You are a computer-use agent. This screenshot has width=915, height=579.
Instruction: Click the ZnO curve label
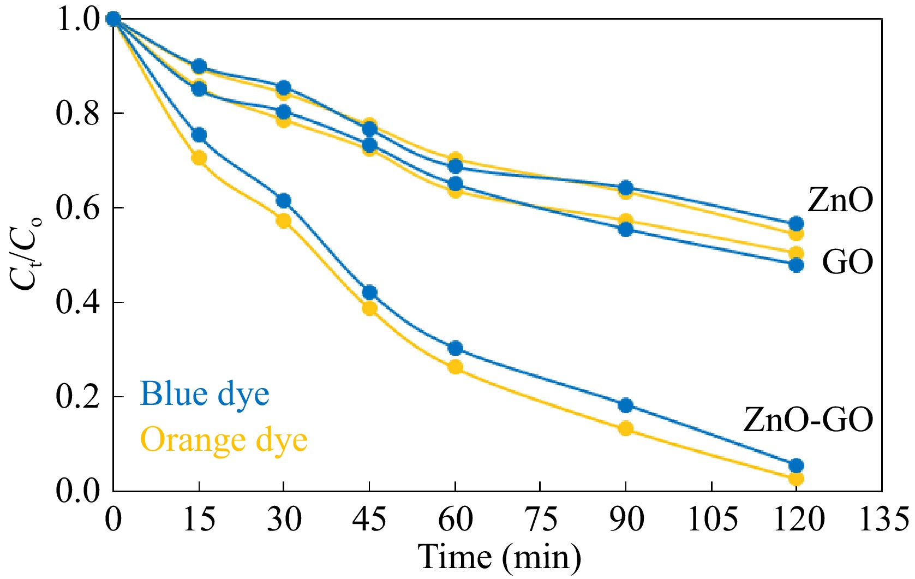[x=840, y=200]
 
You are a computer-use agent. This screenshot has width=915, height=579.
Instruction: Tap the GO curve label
[x=847, y=262]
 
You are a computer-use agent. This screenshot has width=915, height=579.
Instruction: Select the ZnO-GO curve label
[x=808, y=420]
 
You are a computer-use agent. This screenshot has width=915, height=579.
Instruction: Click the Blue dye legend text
[x=205, y=394]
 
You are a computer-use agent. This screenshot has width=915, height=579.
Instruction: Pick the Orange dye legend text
[x=224, y=440]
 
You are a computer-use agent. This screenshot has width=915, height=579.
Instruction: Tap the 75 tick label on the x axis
[x=540, y=519]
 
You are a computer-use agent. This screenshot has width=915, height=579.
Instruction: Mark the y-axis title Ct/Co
[x=25, y=254]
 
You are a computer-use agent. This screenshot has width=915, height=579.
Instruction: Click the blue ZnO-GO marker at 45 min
[x=369, y=293]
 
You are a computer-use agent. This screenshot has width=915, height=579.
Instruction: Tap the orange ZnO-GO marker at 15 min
[x=199, y=158]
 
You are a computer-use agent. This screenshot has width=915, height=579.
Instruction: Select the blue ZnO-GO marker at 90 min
[x=626, y=405]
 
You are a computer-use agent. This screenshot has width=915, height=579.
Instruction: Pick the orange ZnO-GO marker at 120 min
[x=796, y=479]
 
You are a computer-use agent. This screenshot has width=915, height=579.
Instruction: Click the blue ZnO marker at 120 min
[x=796, y=224]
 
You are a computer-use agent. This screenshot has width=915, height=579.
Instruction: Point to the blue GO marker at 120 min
[x=796, y=265]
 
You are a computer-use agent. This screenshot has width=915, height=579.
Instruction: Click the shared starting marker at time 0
[x=113, y=20]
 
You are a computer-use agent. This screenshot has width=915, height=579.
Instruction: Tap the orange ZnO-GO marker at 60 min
[x=456, y=367]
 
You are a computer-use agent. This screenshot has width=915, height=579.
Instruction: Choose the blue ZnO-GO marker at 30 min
[x=284, y=201]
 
